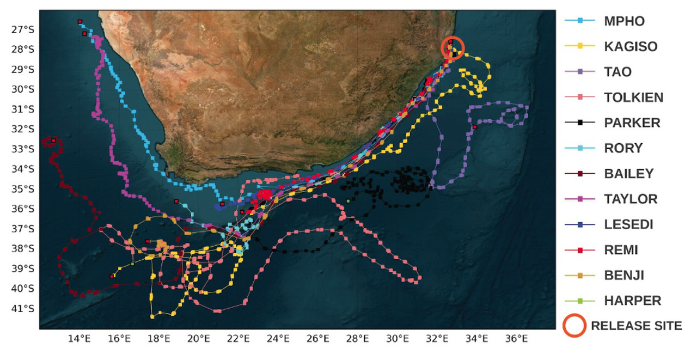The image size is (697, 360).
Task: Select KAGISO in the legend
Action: pyautogui.click(x=631, y=47)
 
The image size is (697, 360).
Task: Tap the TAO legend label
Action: pyautogui.click(x=617, y=72)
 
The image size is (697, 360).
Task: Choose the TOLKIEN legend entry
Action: pyautogui.click(x=633, y=97)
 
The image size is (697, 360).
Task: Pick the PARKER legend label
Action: pyautogui.click(x=632, y=123)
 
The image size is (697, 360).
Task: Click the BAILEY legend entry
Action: pyautogui.click(x=629, y=174)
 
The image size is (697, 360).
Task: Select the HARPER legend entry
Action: pyautogui.click(x=632, y=301)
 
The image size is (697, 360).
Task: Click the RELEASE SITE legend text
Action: pyautogui.click(x=636, y=326)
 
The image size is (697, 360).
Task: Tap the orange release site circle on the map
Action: pyautogui.click(x=452, y=48)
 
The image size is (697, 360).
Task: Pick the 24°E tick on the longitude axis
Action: pyautogui.click(x=278, y=339)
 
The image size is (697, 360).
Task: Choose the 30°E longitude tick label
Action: pyautogui.click(x=397, y=339)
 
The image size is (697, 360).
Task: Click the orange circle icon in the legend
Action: pyautogui.click(x=574, y=326)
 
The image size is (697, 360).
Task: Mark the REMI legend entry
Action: pyautogui.click(x=621, y=250)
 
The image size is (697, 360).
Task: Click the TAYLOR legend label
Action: pyautogui.click(x=631, y=199)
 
